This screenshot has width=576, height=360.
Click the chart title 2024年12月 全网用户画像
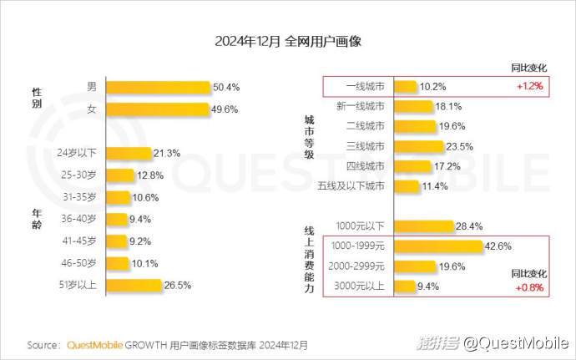(287, 41)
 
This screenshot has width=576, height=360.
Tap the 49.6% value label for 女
(225, 109)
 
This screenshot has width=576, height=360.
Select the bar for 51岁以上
(133, 285)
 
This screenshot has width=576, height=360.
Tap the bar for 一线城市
(405, 86)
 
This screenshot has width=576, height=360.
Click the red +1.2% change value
(530, 86)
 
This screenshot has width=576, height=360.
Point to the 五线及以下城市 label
(351, 185)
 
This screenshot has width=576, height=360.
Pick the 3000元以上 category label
(360, 287)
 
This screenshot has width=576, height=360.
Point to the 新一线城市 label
(361, 106)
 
